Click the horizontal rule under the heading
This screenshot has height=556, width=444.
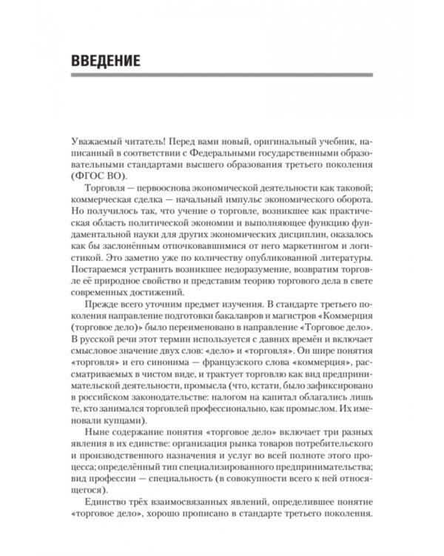coord(222,75)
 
